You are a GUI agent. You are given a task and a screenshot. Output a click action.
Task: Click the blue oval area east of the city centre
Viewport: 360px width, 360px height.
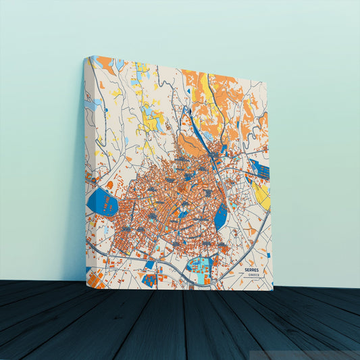(x=220, y=216)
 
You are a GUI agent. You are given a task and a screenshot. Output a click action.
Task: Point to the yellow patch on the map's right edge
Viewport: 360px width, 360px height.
(x=262, y=195)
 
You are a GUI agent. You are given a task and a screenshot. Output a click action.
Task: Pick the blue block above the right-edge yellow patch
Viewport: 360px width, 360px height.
(x=259, y=169)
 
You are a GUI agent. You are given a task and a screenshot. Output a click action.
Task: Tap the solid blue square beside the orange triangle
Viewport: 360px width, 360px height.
(x=149, y=278)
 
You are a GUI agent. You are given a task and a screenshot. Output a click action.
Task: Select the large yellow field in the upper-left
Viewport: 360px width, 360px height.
(x=150, y=120)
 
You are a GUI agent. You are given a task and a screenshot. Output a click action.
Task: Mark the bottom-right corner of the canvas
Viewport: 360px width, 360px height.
(x=273, y=290)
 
